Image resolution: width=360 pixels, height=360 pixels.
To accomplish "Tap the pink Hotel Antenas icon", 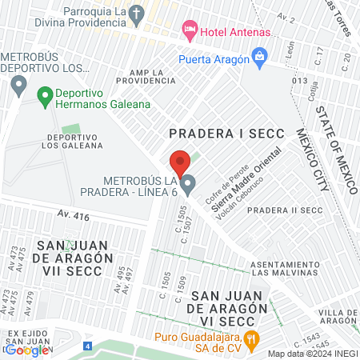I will [190, 31].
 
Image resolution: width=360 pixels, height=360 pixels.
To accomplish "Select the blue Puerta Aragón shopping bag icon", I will [259, 57].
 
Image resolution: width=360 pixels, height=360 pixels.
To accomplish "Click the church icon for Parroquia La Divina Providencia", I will [138, 14].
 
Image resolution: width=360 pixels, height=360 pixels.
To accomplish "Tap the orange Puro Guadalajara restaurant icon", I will [250, 338].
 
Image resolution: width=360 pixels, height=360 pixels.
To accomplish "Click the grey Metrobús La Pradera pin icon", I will [188, 186].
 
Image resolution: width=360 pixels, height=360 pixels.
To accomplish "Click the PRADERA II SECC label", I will [285, 210].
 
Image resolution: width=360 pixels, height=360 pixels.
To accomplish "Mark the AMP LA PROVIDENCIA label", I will [147, 77].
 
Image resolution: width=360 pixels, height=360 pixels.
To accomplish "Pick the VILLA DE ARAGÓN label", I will [338, 316].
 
